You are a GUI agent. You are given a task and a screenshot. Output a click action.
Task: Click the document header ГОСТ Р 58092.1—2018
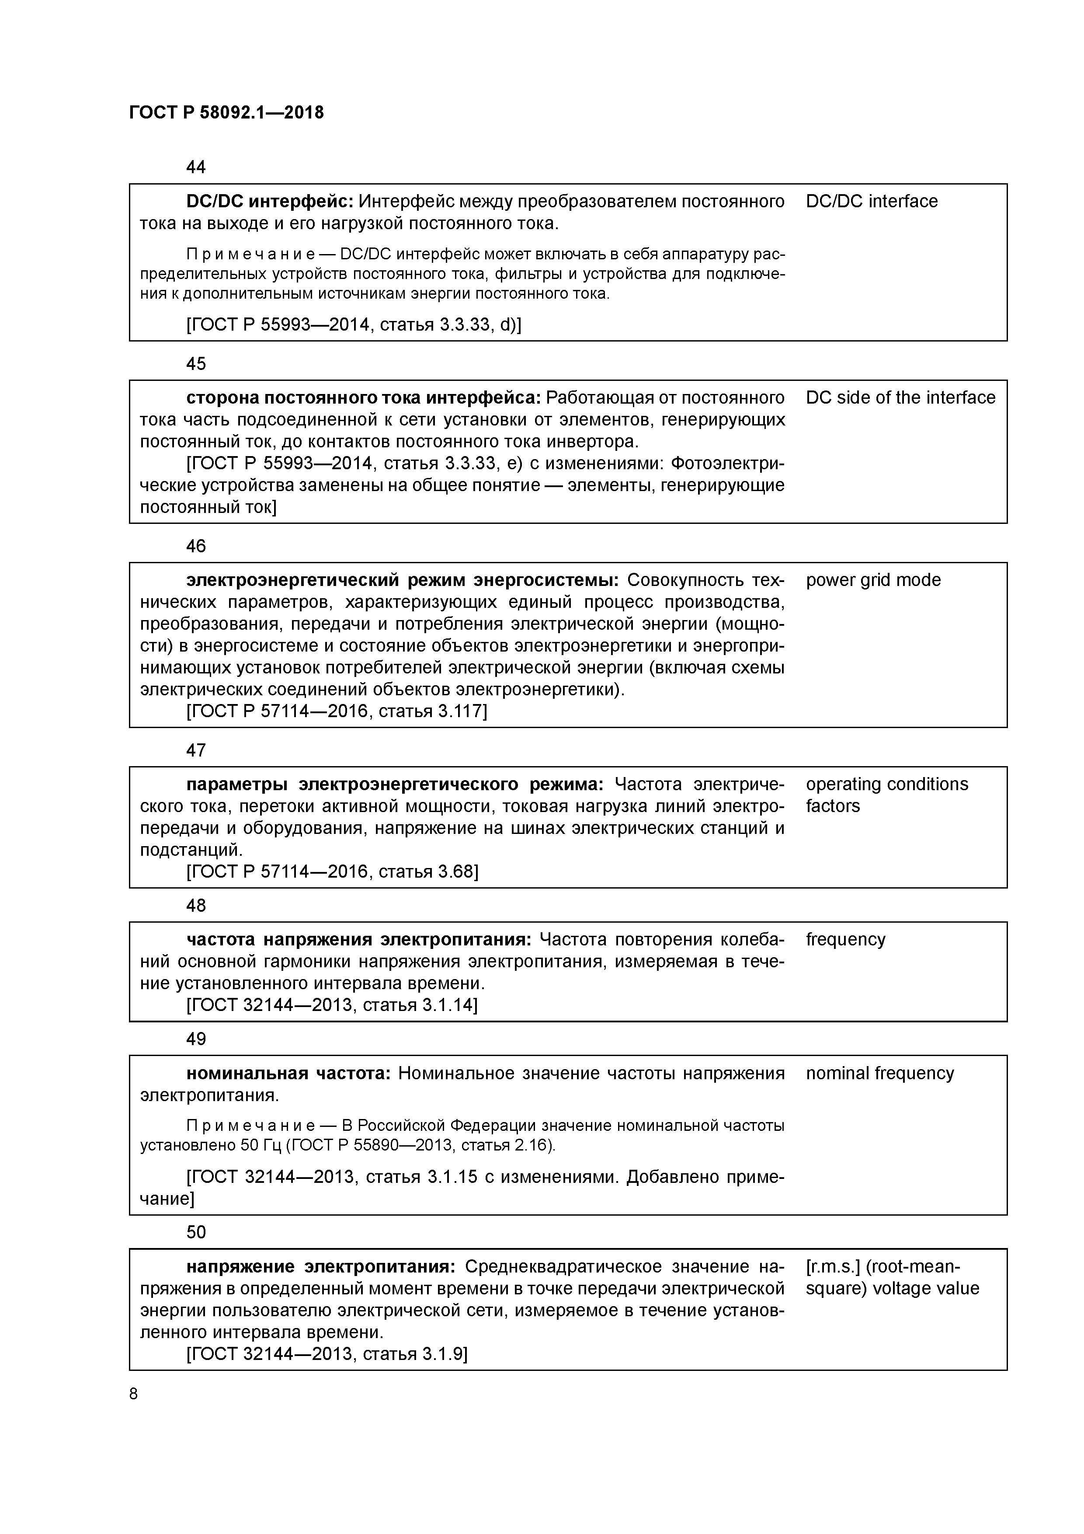coord(226,113)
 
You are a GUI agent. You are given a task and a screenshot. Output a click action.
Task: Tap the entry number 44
coord(196,167)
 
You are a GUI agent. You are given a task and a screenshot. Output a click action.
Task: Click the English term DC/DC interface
coord(871,201)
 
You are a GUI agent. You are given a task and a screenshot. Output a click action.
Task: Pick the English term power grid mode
coord(872,580)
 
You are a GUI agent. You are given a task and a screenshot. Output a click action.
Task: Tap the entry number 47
coord(196,750)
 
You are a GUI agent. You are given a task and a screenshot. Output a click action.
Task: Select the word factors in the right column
coord(832,806)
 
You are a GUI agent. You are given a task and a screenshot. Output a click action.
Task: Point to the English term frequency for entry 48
coord(845,939)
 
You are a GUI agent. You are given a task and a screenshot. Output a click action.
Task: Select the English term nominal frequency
coord(879,1073)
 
